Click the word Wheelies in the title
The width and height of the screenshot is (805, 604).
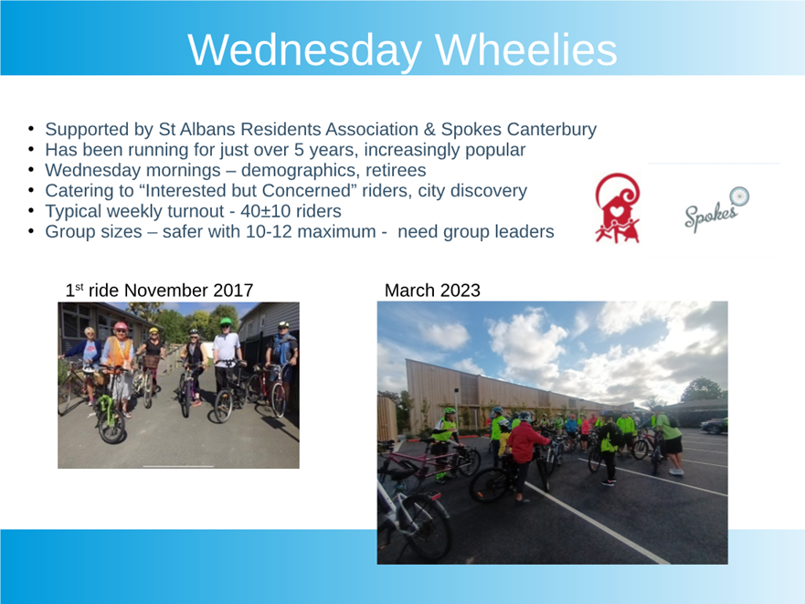pos(526,49)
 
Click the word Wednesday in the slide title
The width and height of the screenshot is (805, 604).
pos(304,51)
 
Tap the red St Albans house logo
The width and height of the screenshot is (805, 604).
pos(618,207)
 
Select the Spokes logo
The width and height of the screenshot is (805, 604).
pos(716,208)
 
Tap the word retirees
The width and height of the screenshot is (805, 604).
pos(396,170)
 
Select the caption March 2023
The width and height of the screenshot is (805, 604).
pos(432,291)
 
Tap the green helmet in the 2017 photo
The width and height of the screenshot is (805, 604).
pos(226,323)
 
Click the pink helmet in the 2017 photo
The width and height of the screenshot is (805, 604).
pos(121,326)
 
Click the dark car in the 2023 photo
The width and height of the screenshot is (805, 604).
pos(715,426)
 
